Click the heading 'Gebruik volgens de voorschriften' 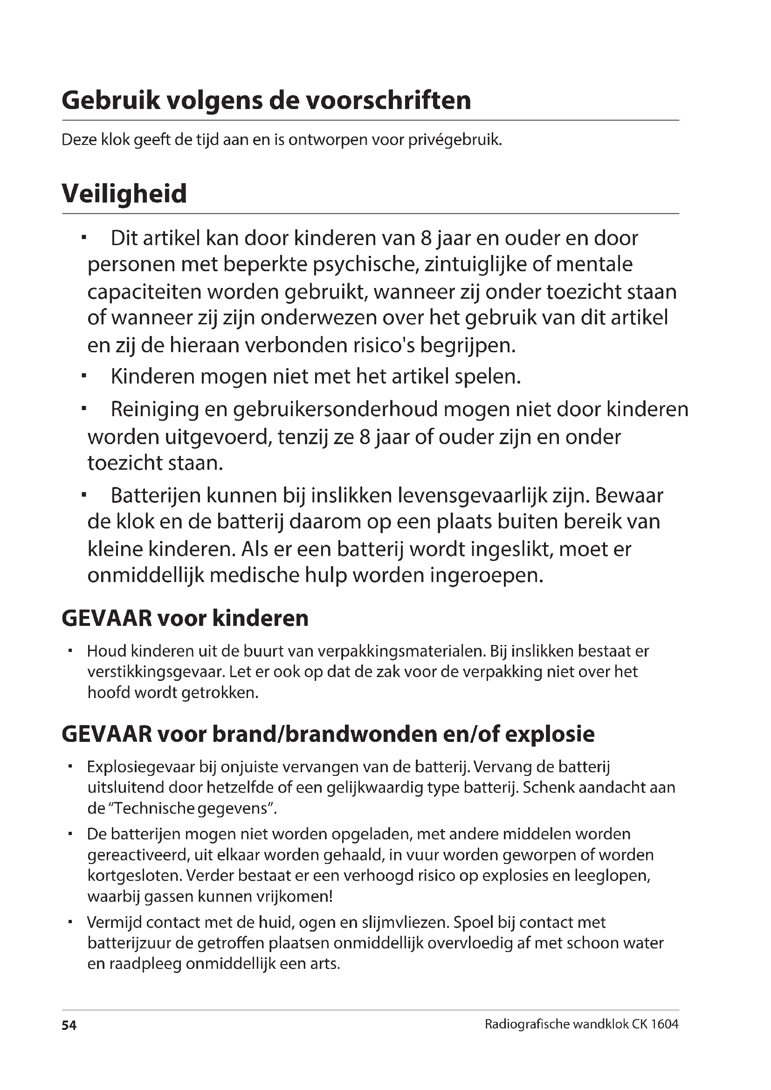pos(266,101)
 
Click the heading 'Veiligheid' pos(124,194)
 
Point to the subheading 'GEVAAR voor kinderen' pos(185,618)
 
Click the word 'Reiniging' pos(154,410)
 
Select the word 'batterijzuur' pos(129,943)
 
